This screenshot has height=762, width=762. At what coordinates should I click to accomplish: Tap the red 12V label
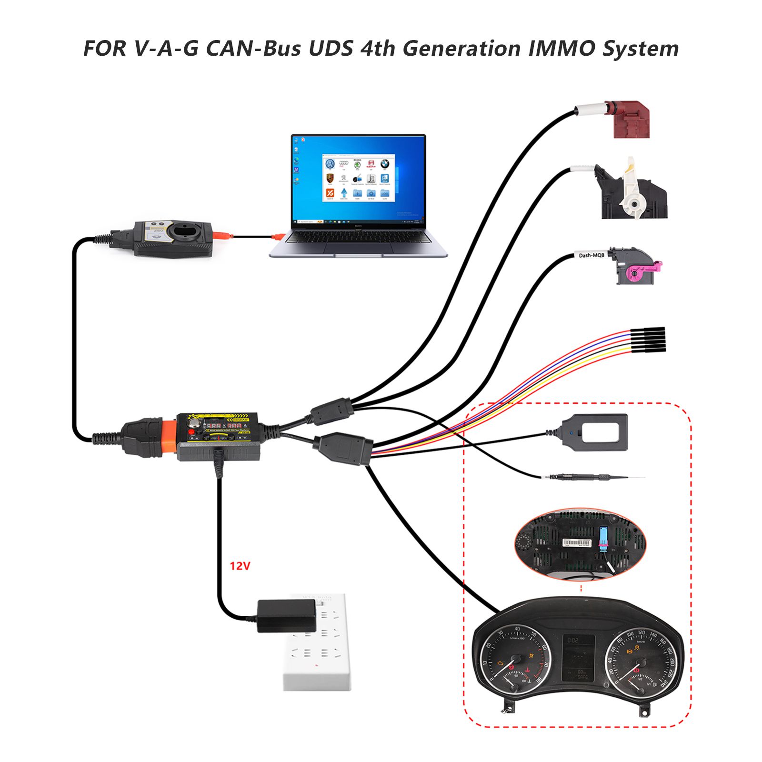click(x=240, y=566)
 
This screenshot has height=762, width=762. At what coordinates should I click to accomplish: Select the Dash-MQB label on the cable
click(x=591, y=255)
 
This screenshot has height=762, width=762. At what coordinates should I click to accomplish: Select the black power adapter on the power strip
click(x=287, y=615)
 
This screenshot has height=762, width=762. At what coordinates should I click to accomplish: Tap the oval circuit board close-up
click(x=580, y=544)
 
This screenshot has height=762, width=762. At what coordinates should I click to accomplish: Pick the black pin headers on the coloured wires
click(x=648, y=340)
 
